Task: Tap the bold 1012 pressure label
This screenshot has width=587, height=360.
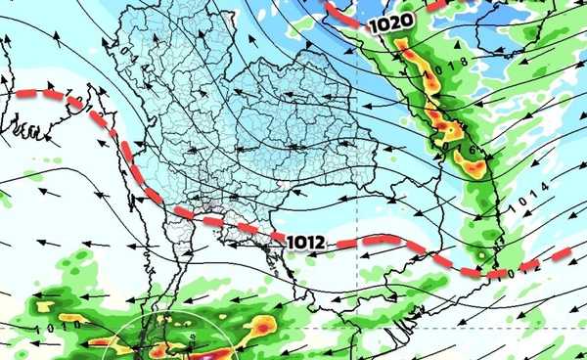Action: point(307,240)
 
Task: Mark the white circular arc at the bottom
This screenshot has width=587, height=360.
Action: point(176,324)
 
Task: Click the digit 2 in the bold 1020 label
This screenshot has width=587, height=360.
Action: point(389,20)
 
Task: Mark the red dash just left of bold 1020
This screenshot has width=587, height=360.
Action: point(345,13)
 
